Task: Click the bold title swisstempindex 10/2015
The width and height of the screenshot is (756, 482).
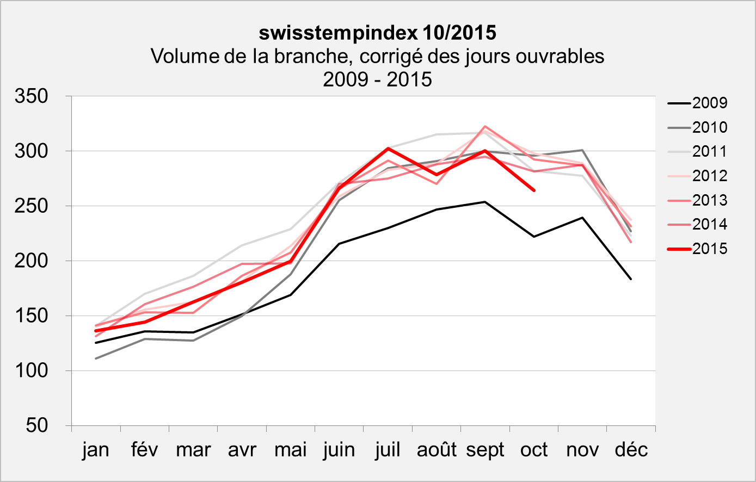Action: point(377,33)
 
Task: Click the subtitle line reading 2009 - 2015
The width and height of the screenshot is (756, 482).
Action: point(377,79)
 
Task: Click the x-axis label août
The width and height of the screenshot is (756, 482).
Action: point(437,450)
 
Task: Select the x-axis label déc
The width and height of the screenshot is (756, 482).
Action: point(631,450)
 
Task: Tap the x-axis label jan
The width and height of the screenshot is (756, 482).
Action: point(96,450)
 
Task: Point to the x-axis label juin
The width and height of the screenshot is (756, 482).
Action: point(339,450)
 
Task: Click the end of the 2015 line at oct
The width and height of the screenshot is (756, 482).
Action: point(534,190)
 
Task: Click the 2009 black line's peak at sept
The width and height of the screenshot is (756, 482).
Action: point(485,202)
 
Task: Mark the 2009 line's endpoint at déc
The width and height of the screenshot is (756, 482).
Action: point(631,279)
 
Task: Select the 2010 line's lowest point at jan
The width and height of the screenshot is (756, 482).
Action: point(96,359)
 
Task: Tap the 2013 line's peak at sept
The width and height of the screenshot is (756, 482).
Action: point(485,126)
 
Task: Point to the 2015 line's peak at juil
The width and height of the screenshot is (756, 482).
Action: point(388,148)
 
